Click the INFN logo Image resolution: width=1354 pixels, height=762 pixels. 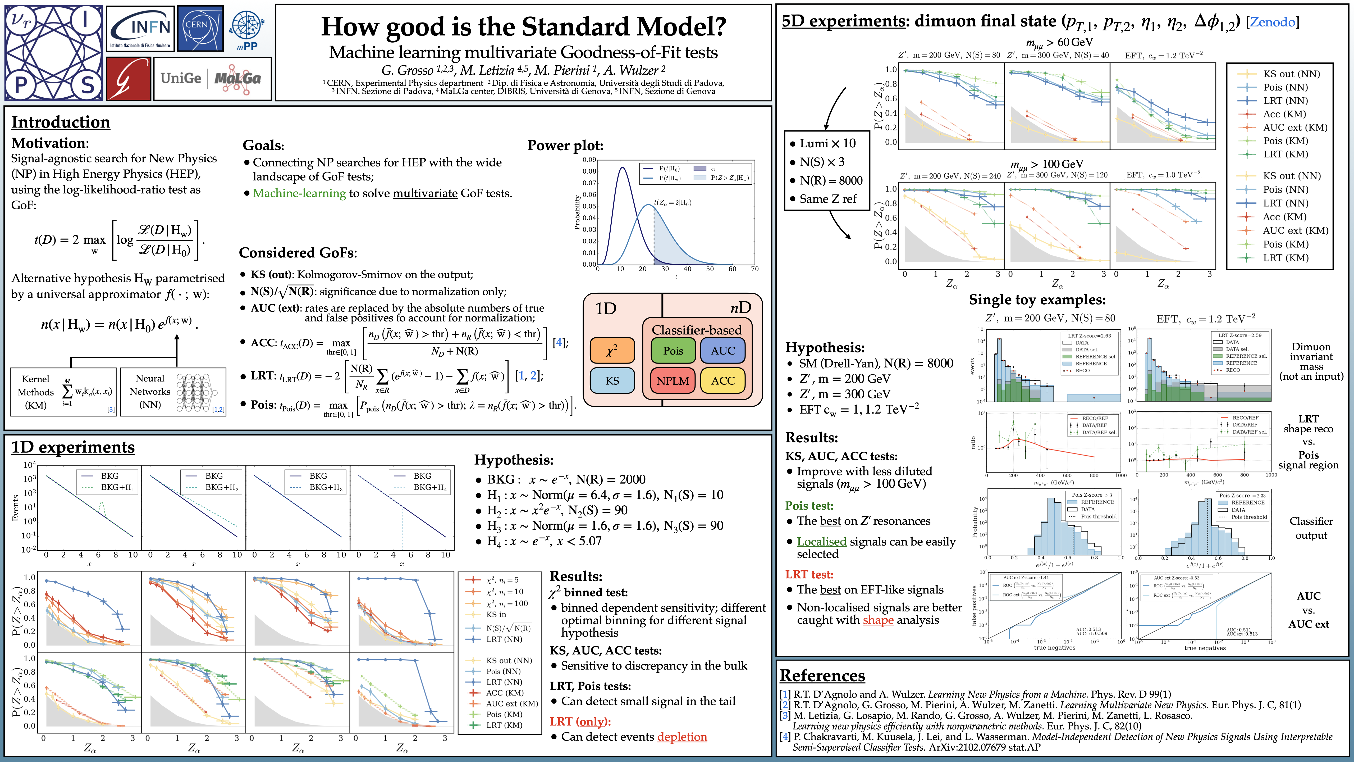click(x=140, y=28)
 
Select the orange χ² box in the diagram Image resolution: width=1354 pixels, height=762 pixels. click(x=612, y=350)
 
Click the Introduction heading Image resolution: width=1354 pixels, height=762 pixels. click(x=61, y=122)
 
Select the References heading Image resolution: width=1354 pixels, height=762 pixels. click(x=822, y=675)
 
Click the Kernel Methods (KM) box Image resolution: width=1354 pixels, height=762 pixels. click(x=63, y=392)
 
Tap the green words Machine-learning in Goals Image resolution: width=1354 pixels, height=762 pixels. click(x=299, y=193)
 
